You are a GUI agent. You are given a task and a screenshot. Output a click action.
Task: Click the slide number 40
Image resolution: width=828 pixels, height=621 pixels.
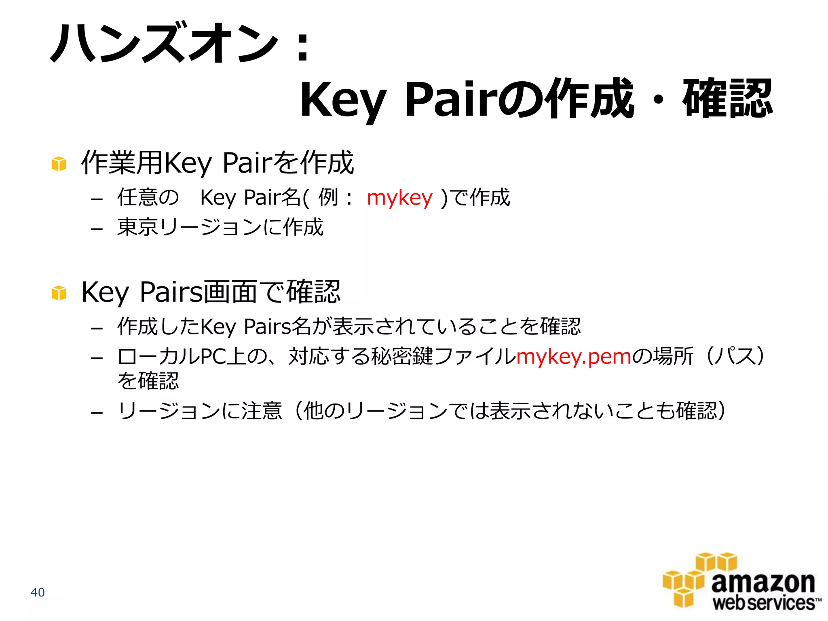(x=38, y=592)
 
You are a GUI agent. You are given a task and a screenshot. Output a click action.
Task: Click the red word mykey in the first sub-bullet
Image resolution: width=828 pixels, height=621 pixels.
(x=399, y=198)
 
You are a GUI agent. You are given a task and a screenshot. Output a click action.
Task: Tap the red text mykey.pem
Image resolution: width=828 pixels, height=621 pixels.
(x=573, y=357)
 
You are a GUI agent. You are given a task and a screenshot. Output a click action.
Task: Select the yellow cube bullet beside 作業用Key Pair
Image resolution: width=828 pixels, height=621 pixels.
(x=59, y=164)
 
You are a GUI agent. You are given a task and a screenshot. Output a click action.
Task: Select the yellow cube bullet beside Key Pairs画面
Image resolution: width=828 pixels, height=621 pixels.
(x=59, y=293)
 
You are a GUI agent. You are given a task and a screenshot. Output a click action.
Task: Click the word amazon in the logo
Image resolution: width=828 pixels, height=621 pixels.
(x=763, y=583)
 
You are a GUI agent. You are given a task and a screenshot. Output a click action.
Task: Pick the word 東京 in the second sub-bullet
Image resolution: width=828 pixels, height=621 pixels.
(x=137, y=227)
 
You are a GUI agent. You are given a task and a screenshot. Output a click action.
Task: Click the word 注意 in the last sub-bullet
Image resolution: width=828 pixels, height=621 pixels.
(x=262, y=411)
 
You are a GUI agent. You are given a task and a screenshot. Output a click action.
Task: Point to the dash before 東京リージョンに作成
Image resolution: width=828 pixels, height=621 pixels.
(x=97, y=229)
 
